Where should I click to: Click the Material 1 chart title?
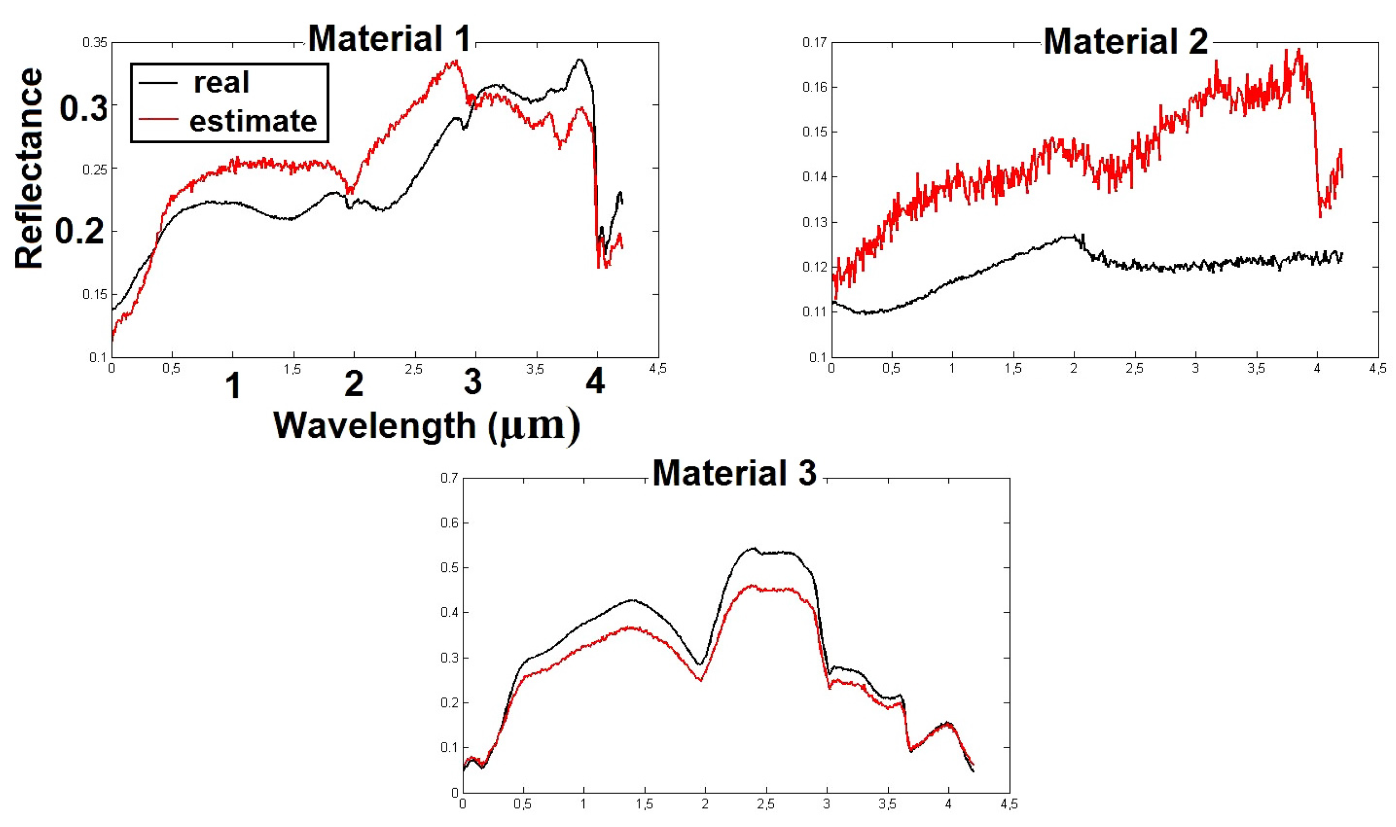(x=389, y=38)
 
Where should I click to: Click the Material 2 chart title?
(x=1125, y=41)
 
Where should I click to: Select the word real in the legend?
(x=221, y=83)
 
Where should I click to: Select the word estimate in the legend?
(x=253, y=122)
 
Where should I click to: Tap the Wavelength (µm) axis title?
(x=427, y=426)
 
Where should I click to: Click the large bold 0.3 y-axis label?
(x=83, y=108)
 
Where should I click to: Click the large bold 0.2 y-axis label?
(x=79, y=231)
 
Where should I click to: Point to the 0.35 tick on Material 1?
(x=94, y=43)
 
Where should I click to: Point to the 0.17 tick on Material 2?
(x=814, y=43)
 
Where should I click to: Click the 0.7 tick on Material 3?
(x=449, y=478)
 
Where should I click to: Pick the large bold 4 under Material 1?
(x=595, y=383)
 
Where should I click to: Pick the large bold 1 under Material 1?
(x=233, y=385)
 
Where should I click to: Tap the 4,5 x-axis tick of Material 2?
(x=1378, y=369)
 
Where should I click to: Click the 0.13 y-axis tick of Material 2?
(x=814, y=222)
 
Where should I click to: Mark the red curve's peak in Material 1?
(x=456, y=61)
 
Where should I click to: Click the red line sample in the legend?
(x=158, y=119)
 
